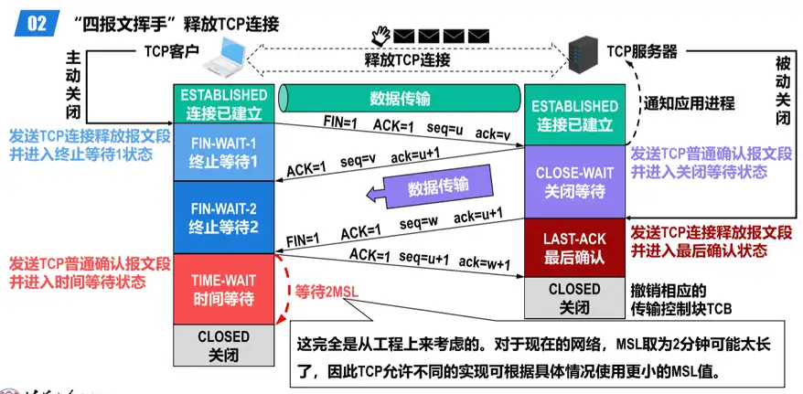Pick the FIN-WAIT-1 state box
[223, 151]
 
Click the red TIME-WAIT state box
[223, 288]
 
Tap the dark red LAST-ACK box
[574, 248]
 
